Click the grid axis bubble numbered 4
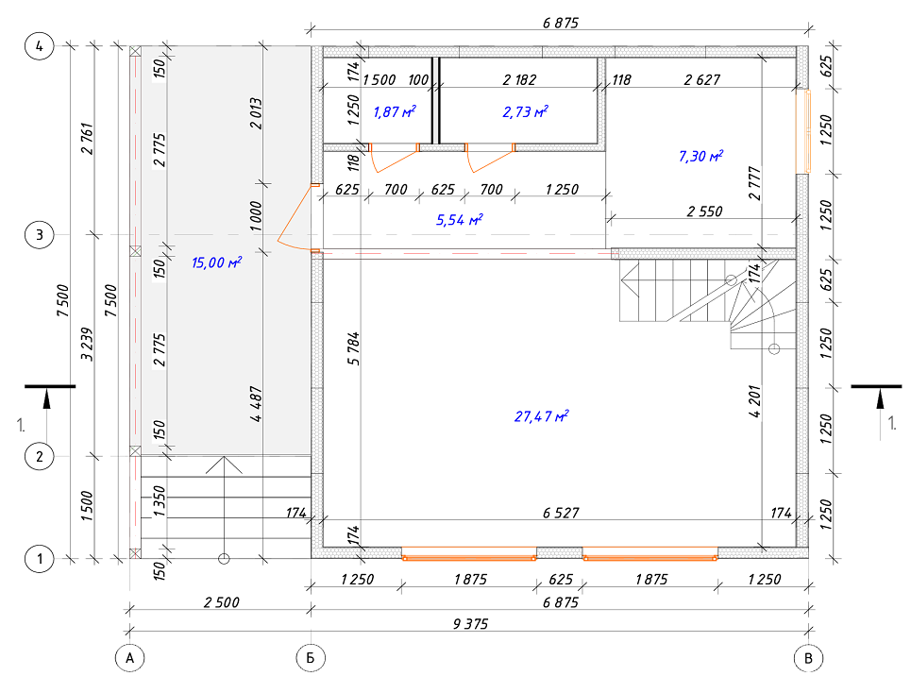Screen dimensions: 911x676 click(39, 46)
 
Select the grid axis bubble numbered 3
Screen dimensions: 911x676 click(39, 235)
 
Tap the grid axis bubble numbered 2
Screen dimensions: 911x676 click(39, 456)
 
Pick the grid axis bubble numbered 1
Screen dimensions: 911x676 click(39, 559)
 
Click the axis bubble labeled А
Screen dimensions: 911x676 click(129, 658)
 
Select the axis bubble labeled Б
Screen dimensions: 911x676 click(311, 658)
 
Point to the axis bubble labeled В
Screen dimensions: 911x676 click(808, 658)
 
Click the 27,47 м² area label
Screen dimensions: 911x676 click(541, 416)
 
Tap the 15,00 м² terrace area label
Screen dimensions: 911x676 click(216, 262)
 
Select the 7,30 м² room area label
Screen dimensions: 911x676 click(700, 156)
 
